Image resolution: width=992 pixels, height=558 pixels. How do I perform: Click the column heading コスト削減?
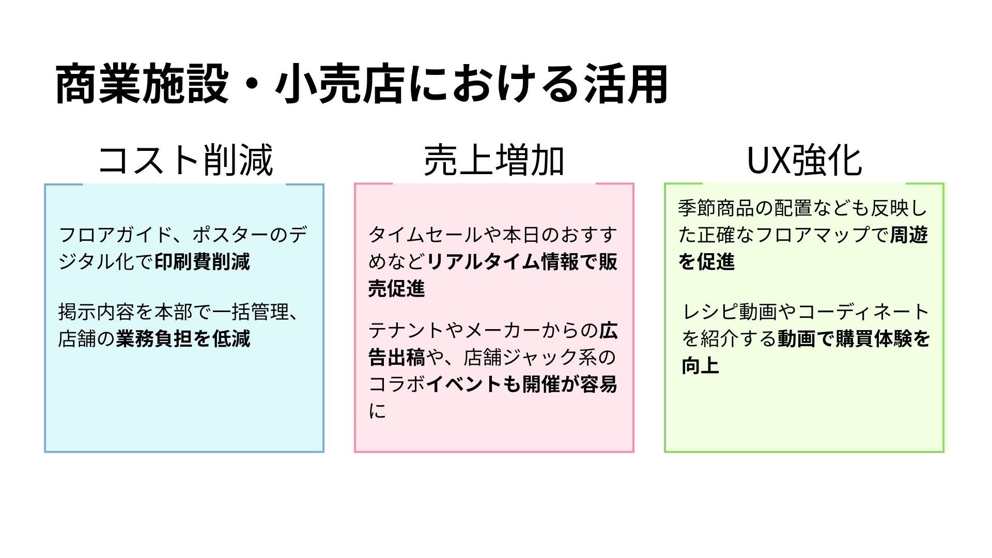[x=185, y=160]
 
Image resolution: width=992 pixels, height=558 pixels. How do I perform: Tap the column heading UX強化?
[x=804, y=160]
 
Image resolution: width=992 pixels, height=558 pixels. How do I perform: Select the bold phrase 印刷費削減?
[x=202, y=262]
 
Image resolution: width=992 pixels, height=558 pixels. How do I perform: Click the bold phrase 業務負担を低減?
[x=183, y=339]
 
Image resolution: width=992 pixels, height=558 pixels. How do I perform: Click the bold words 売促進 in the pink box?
[x=396, y=289]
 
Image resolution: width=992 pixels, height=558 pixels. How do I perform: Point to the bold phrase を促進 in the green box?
[x=706, y=262]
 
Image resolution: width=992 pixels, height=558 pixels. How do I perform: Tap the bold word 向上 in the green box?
[x=700, y=366]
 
